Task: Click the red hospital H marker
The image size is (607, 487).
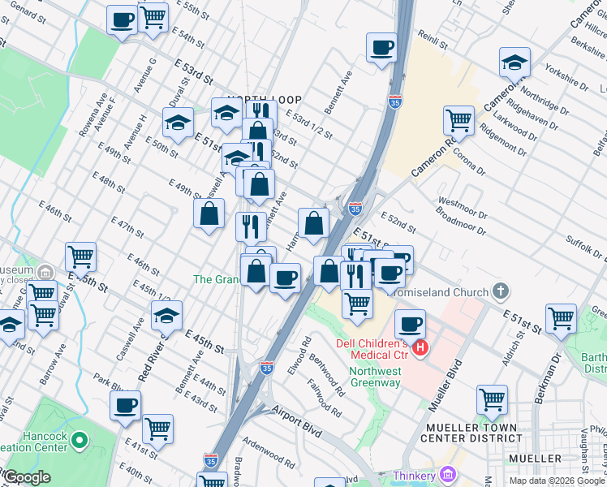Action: (x=420, y=349)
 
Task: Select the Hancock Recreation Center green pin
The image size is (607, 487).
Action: (x=79, y=441)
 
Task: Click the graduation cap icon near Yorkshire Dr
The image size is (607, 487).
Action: (x=513, y=62)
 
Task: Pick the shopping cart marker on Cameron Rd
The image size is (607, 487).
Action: (x=458, y=120)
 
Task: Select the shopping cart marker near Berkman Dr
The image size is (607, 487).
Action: (x=561, y=318)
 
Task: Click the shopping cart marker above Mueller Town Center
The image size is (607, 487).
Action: (x=492, y=400)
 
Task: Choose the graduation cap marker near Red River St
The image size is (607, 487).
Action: (x=166, y=315)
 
